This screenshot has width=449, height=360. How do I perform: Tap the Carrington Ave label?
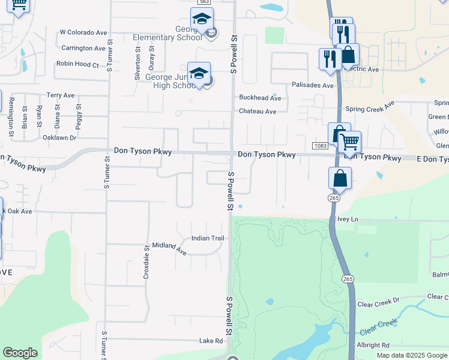click(x=83, y=48)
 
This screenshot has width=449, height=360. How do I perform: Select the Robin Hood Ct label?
click(x=77, y=64)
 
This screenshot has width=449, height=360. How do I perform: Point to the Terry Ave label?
click(x=61, y=95)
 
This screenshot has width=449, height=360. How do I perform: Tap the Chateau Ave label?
click(x=258, y=112)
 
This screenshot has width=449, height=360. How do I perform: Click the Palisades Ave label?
click(x=313, y=86)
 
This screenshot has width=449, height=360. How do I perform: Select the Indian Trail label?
click(x=207, y=238)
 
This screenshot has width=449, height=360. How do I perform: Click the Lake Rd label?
click(x=211, y=341)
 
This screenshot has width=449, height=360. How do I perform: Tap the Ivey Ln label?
click(x=348, y=220)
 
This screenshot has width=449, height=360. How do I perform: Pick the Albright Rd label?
click(x=373, y=345)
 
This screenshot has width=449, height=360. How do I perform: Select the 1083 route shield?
click(x=319, y=146)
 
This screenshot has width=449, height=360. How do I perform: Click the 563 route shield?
click(x=204, y=2)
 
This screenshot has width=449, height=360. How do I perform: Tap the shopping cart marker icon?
click(x=349, y=142)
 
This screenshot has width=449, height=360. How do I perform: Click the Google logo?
click(x=20, y=353)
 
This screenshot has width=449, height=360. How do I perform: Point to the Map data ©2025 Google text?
click(x=412, y=355)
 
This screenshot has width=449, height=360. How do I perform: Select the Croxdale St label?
click(x=146, y=263)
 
